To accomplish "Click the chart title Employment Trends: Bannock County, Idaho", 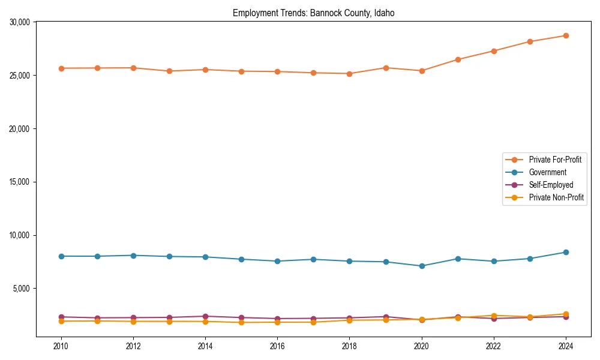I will tap(313, 13).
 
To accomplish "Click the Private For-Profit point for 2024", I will tap(566, 35).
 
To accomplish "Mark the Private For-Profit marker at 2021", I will tap(458, 59).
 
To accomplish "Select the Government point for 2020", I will tap(422, 266).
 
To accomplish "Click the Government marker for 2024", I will tap(566, 252).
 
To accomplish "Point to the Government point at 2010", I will tap(61, 256).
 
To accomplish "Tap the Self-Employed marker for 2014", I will tap(205, 316).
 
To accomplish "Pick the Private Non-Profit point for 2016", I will tap(277, 322).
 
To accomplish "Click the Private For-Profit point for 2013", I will tap(169, 71).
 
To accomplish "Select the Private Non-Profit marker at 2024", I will tap(566, 314).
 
